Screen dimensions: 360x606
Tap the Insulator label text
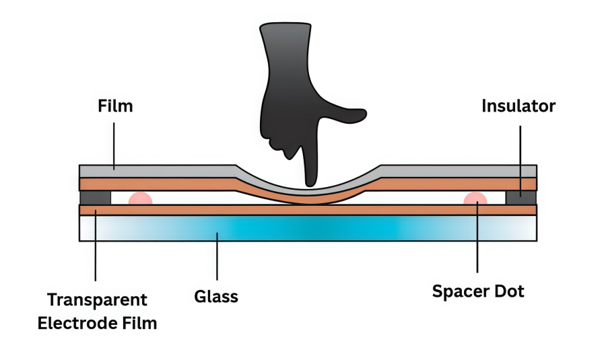[518, 106]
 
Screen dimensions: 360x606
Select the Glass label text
[216, 296]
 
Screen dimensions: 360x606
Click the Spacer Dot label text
[477, 293]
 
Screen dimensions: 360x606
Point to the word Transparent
[96, 299]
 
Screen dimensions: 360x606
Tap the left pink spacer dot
[140, 199]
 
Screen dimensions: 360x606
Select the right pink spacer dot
[475, 199]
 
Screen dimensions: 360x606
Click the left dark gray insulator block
[95, 198]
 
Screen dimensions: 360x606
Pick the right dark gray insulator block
[520, 198]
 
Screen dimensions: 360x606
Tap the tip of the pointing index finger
[310, 180]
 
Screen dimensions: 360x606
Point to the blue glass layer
[310, 228]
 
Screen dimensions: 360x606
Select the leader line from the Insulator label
[520, 155]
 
